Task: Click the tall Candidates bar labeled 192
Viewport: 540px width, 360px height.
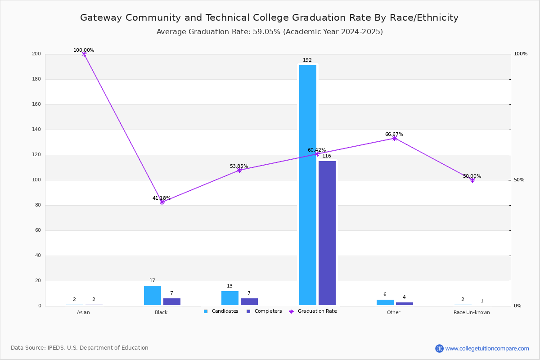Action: click(308, 185)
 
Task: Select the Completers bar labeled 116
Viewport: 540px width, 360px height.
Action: click(327, 233)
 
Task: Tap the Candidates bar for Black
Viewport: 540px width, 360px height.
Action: click(153, 295)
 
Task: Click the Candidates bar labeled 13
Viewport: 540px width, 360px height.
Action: click(230, 298)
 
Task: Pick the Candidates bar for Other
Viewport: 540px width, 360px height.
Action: click(385, 302)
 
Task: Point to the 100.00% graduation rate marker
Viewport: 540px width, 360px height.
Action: click(84, 54)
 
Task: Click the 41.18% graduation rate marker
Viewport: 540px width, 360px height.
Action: click(162, 202)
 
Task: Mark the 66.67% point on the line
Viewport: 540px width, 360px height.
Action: click(395, 139)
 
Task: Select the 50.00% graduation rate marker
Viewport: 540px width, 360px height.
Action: click(472, 180)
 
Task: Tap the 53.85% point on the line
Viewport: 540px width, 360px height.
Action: click(239, 171)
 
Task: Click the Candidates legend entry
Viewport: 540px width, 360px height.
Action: click(221, 311)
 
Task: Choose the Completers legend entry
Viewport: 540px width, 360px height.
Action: click(264, 311)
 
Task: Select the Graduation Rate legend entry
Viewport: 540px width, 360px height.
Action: click(313, 311)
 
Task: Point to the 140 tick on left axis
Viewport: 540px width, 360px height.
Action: click(36, 130)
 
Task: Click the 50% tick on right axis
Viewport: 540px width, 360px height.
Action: click(519, 180)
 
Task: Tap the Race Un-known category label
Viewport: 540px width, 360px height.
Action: click(472, 312)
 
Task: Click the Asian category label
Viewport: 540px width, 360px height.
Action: click(83, 312)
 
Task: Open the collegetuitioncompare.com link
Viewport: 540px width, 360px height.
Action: click(487, 348)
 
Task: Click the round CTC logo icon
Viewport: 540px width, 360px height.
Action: click(439, 348)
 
